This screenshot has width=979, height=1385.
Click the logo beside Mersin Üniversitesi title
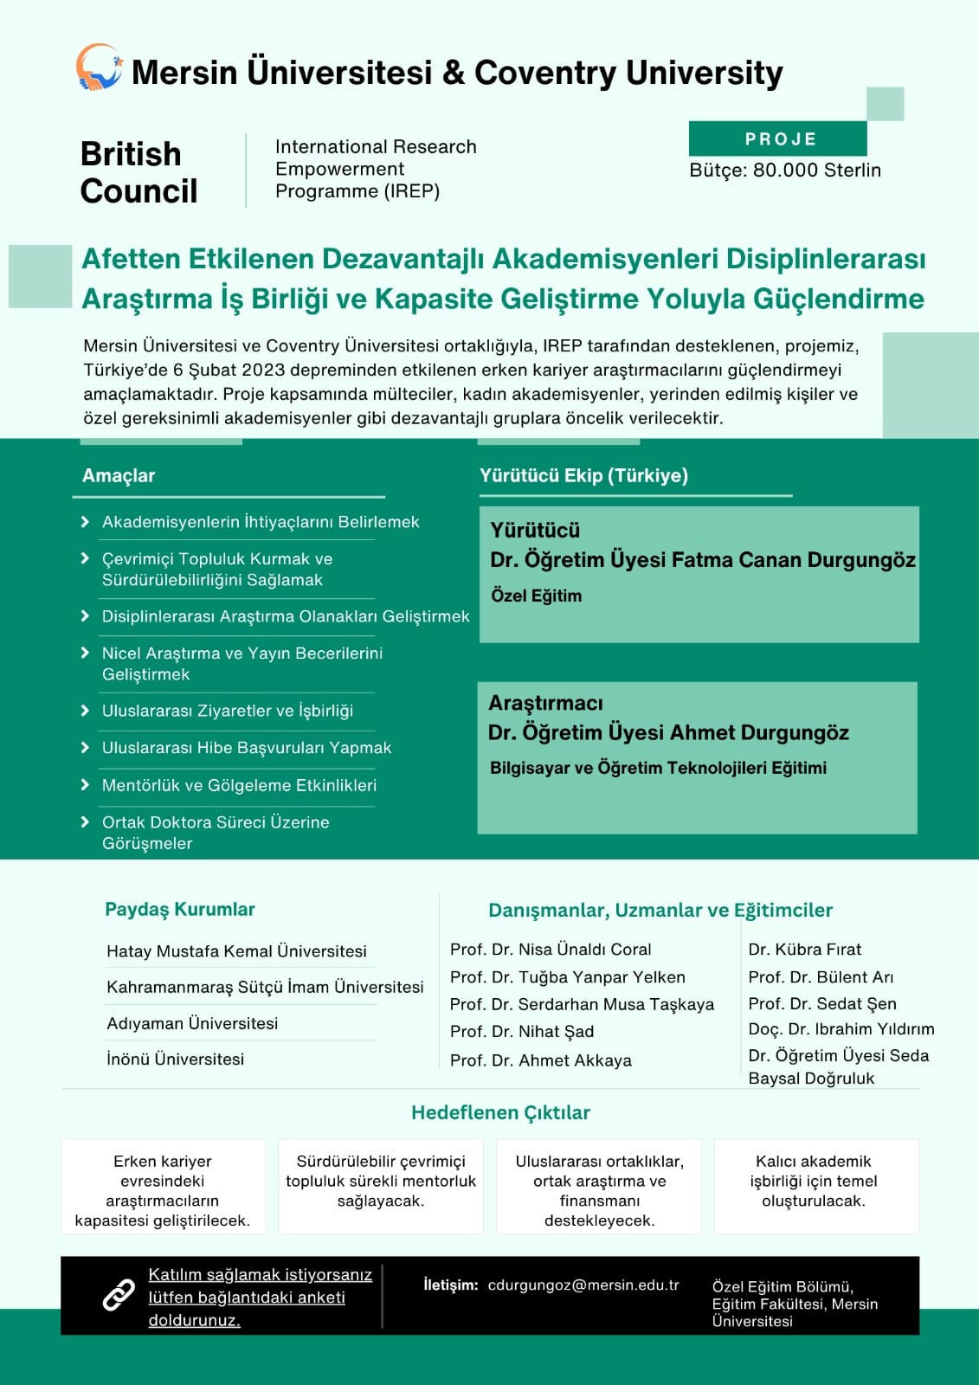pos(99,68)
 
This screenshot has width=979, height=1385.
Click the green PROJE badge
pos(778,138)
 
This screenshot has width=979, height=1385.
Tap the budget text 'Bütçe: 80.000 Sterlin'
pos(784,170)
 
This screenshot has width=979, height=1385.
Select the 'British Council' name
pos(138,172)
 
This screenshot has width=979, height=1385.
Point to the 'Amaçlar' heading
pos(119,475)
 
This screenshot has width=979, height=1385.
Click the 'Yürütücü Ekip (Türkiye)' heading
pos(583,475)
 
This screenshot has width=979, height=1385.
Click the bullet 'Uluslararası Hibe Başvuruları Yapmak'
pos(247,747)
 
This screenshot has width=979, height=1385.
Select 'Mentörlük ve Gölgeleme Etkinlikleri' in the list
pos(239,785)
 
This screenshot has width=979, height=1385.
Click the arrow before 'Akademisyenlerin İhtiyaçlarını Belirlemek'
pos(85,522)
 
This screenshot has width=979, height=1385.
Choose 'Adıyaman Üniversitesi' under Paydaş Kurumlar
pos(192,1023)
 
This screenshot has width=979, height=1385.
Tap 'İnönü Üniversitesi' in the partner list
pos(175,1059)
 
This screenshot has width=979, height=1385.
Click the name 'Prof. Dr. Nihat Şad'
pos(522,1031)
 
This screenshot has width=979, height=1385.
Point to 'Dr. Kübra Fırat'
pos(804,949)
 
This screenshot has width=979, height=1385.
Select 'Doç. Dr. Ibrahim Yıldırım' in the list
pos(841,1028)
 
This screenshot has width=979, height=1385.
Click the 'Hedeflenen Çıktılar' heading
pos(500,1112)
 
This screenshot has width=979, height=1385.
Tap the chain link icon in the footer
pos(119,1295)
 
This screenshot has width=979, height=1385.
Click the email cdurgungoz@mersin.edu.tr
pos(583,1285)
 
